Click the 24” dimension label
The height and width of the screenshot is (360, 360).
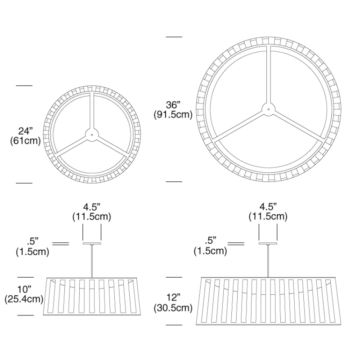26,131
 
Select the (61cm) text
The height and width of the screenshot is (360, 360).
25,141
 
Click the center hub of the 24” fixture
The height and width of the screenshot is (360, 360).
92,134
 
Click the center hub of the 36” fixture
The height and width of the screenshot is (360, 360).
269,108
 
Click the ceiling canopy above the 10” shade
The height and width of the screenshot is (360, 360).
92,243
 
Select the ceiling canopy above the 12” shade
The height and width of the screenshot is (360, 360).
268,243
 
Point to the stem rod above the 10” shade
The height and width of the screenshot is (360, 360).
92,261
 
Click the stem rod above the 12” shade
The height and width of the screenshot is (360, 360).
268,261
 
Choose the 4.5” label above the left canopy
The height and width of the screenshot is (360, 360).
92,207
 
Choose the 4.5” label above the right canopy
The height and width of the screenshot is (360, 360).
268,207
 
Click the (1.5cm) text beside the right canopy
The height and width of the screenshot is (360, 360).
210,251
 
